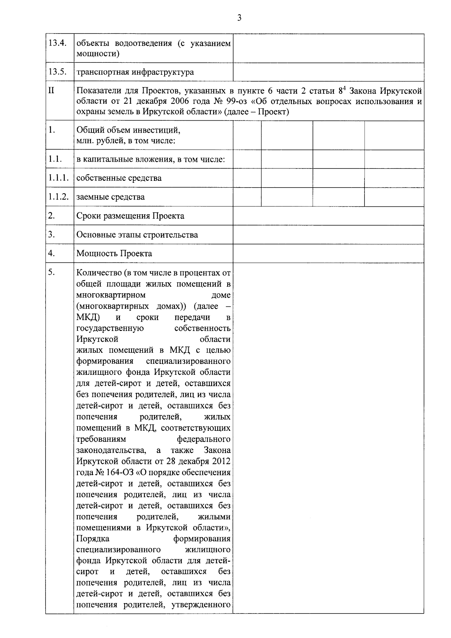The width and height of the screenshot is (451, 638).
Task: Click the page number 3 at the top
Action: [239, 18]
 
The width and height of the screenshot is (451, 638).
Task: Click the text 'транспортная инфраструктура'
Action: [135, 72]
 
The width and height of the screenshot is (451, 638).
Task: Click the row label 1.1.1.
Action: [59, 178]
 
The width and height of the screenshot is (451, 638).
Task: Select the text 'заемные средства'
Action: [110, 197]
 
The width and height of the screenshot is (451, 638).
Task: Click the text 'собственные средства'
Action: [119, 178]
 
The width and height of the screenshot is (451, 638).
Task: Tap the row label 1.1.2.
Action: [59, 197]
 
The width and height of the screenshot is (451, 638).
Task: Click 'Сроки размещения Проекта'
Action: [130, 216]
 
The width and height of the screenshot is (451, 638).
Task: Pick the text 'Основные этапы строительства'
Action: [137, 235]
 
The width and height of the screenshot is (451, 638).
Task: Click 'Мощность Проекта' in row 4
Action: [114, 253]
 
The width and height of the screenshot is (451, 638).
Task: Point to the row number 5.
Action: [51, 273]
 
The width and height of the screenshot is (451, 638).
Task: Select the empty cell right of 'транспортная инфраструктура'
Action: [328, 72]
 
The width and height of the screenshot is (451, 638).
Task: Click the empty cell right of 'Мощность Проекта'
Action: [328, 253]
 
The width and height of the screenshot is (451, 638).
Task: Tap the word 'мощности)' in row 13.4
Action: [98, 53]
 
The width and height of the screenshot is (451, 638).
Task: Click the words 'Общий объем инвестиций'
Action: [129, 130]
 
